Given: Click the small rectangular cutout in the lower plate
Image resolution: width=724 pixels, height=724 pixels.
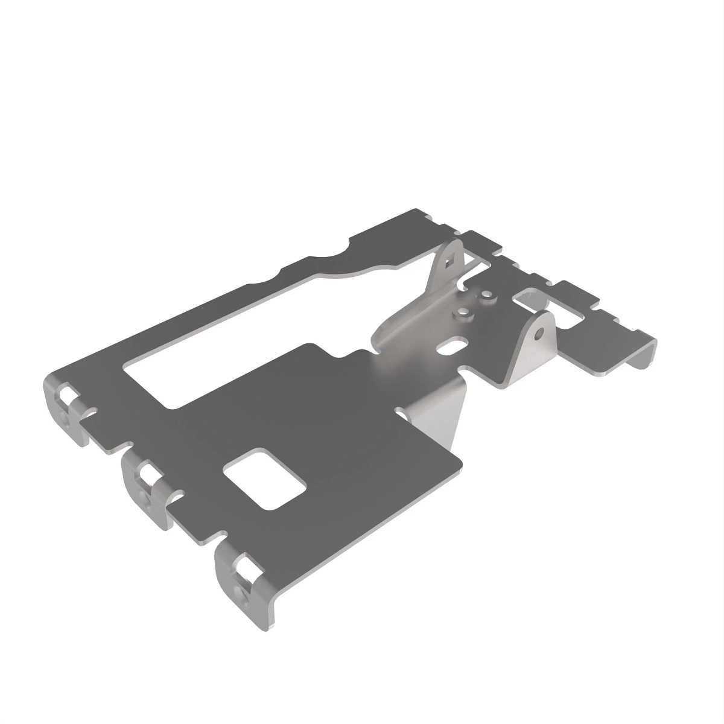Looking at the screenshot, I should tap(264, 477).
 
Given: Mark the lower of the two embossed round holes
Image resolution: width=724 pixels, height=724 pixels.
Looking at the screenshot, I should tap(463, 313).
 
